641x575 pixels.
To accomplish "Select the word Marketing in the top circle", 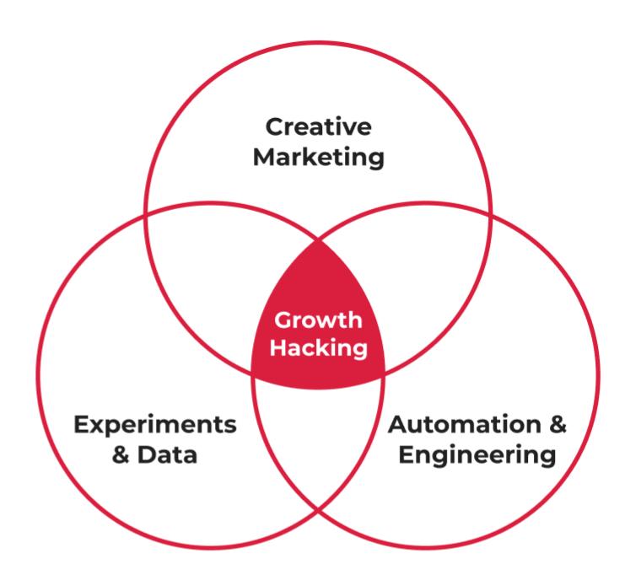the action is (x=319, y=157).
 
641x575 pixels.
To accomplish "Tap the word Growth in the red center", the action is (x=318, y=321).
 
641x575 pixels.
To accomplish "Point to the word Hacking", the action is (x=319, y=347).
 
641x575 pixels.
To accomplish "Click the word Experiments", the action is (x=155, y=425).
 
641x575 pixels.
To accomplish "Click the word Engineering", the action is (x=477, y=456).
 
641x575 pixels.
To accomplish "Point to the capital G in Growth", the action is (x=281, y=321).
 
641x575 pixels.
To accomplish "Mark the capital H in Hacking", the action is (x=278, y=347).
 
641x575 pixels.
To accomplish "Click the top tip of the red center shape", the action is (x=319, y=239).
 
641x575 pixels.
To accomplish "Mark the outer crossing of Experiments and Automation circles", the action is (x=319, y=511).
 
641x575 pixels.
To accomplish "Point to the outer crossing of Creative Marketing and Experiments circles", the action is (x=145, y=213).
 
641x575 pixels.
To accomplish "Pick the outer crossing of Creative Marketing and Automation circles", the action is (x=492, y=213).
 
